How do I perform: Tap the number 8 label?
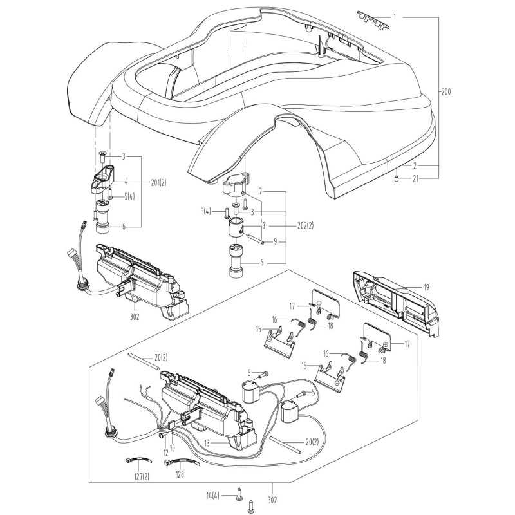(x=263, y=226)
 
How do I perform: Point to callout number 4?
(x=126, y=182)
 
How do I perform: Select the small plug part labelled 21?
(x=397, y=178)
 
